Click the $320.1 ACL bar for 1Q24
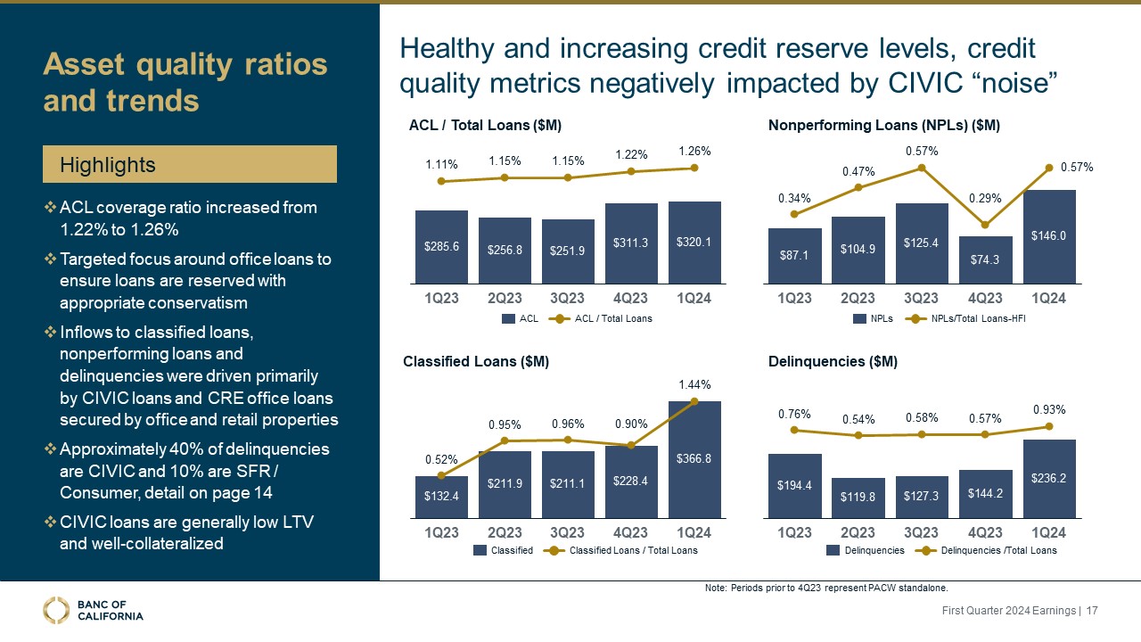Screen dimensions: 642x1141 click(x=694, y=240)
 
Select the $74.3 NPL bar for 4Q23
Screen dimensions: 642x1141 click(x=985, y=258)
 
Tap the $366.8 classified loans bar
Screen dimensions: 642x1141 click(x=694, y=458)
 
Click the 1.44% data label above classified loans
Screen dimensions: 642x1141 click(x=695, y=384)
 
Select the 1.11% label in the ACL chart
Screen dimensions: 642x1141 click(x=440, y=164)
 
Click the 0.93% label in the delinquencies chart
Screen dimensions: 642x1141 click(x=1049, y=409)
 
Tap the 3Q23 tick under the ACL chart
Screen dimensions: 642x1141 click(x=568, y=298)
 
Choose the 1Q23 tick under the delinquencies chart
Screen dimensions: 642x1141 click(x=794, y=532)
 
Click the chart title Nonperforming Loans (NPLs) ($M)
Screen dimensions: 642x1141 click(x=883, y=127)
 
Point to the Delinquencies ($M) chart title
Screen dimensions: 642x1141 click(x=833, y=362)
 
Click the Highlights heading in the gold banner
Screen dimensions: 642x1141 click(x=107, y=165)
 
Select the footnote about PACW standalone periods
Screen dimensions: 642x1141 click(x=825, y=588)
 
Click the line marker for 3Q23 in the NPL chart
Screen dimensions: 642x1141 click(x=922, y=167)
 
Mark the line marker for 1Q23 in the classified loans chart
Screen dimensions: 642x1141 click(x=440, y=475)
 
